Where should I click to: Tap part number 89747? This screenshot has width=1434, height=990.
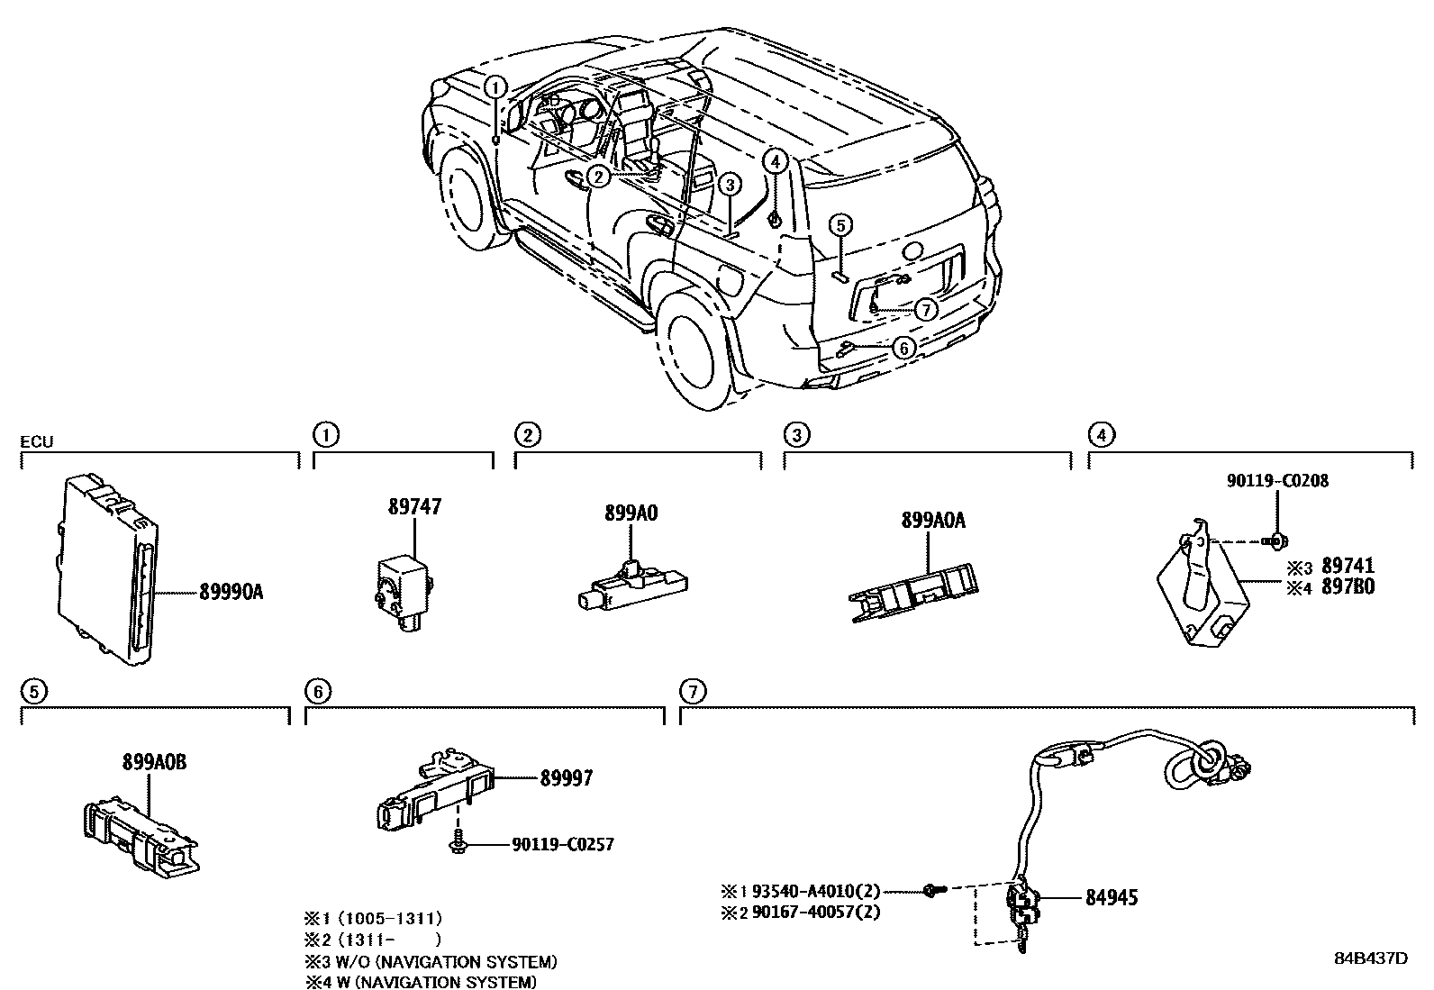[414, 507]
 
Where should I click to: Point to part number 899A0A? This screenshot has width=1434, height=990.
[932, 521]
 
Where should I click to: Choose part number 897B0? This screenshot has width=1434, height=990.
[1348, 587]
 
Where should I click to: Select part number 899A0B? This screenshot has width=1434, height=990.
[155, 763]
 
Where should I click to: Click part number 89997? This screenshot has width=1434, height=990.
[567, 777]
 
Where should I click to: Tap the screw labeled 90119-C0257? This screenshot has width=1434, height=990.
[456, 844]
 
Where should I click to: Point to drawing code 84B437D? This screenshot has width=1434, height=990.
[1370, 958]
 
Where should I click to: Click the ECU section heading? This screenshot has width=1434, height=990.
[38, 441]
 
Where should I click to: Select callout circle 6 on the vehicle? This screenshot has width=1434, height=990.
[904, 347]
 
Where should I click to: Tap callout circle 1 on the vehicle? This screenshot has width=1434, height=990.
[495, 86]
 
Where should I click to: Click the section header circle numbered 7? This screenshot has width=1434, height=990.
[691, 692]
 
